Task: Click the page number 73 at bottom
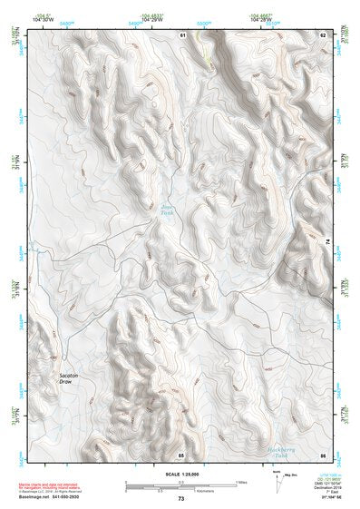[x=180, y=499]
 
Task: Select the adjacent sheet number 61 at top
[x=182, y=34]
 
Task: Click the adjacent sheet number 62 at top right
[x=322, y=34]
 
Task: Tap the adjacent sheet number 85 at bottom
[x=181, y=454]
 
